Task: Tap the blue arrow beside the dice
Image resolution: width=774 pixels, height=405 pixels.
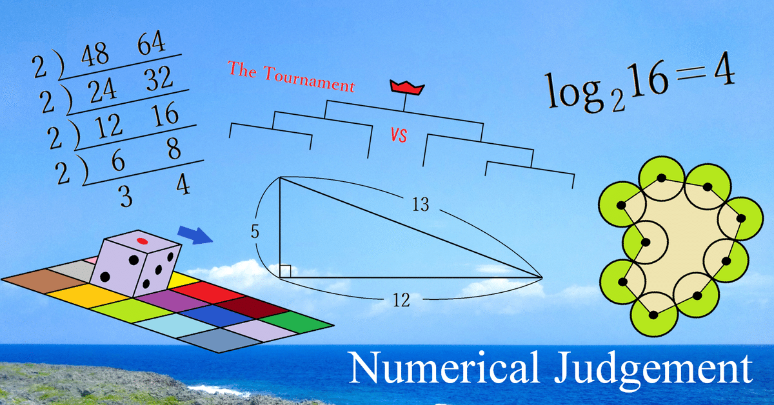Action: click(x=195, y=233)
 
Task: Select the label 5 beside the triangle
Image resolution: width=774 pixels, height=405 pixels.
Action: click(x=255, y=232)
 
